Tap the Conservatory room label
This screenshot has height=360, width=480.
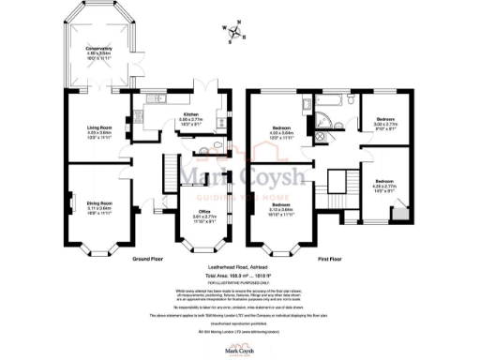[x=98, y=52]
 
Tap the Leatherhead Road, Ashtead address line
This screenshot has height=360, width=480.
[x=240, y=269]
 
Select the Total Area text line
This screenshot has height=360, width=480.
[x=240, y=277]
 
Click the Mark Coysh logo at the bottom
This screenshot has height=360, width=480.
[x=239, y=349]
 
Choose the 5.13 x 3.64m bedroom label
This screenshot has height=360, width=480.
[x=282, y=210]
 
